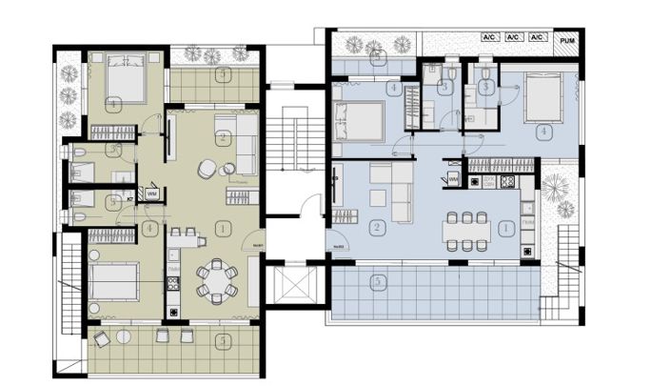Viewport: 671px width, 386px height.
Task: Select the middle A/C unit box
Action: tap(513, 37)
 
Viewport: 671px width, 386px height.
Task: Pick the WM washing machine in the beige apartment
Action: tap(151, 194)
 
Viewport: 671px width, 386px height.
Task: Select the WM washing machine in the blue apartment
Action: tap(454, 177)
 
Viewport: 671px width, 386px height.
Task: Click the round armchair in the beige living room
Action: tap(207, 169)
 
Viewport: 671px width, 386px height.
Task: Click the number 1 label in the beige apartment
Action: tap(222, 228)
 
